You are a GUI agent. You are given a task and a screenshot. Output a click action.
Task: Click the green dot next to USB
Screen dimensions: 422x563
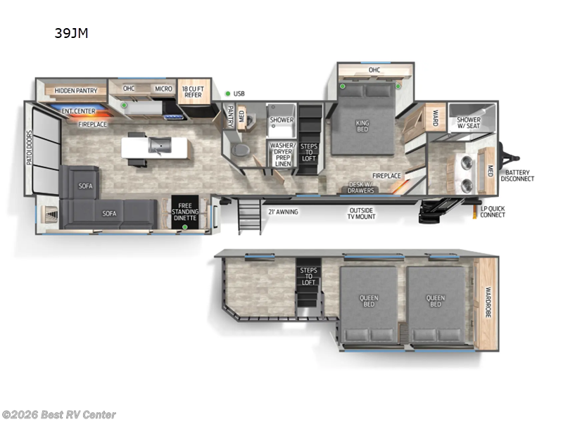tap(227, 94)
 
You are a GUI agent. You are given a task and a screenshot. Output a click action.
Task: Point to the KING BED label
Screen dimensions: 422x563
tap(362, 127)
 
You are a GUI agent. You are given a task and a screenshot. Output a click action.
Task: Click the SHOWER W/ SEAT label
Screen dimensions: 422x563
tap(469, 124)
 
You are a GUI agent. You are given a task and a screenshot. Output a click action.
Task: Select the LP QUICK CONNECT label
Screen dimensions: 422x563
tap(492, 212)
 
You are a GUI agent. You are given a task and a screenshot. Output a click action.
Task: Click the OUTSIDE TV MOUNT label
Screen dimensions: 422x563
tap(362, 212)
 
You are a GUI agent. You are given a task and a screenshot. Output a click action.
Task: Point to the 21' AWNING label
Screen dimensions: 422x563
tap(282, 211)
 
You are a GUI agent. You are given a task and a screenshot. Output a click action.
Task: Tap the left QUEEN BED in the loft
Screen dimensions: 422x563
tap(368, 302)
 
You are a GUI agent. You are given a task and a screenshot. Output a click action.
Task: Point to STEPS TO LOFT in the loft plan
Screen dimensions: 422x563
tap(308, 276)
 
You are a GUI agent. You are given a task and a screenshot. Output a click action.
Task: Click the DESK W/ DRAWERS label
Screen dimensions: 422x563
tap(362, 188)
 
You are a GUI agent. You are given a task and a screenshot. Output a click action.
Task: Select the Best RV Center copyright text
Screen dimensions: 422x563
tap(59, 415)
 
